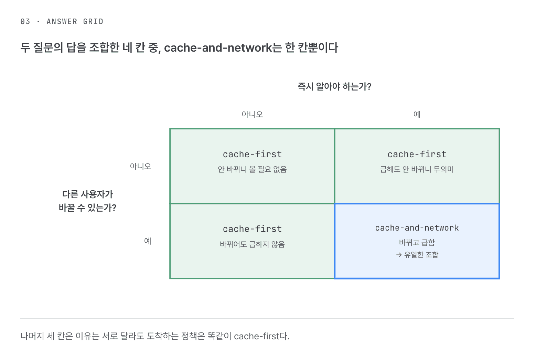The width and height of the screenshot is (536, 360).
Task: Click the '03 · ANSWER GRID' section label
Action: [x=62, y=22]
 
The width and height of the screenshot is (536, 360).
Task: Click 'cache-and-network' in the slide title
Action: [x=218, y=47]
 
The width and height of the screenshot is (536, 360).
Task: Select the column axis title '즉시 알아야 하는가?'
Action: [x=334, y=86]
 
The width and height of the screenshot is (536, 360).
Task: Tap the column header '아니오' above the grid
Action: [x=252, y=114]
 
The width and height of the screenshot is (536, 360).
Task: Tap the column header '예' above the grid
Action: [x=417, y=114]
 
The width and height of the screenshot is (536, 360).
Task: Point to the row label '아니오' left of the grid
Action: [x=140, y=166]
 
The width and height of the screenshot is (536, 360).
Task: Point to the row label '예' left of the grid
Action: [x=148, y=241]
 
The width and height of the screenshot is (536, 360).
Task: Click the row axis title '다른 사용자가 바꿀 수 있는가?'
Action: [x=88, y=201]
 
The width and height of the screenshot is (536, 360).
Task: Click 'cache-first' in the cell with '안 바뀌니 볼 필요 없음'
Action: [x=252, y=155]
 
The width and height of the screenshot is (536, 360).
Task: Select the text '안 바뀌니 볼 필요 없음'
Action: [x=252, y=169]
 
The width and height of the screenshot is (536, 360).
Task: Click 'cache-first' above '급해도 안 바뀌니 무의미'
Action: [x=417, y=155]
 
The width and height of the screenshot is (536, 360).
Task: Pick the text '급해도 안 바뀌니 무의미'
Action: [x=417, y=169]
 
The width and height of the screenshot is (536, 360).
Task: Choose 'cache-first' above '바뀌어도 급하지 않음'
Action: [x=252, y=229]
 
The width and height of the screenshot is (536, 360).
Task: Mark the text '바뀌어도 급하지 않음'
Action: [x=252, y=244]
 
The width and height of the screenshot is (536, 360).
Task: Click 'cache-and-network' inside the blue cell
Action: [x=417, y=228]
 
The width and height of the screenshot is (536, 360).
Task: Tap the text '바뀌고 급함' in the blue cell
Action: [x=417, y=243]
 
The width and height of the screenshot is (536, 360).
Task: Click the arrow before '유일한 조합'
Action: [x=399, y=255]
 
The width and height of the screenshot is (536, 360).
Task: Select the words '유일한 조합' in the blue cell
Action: [x=421, y=255]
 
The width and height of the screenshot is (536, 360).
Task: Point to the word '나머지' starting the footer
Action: [x=32, y=336]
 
